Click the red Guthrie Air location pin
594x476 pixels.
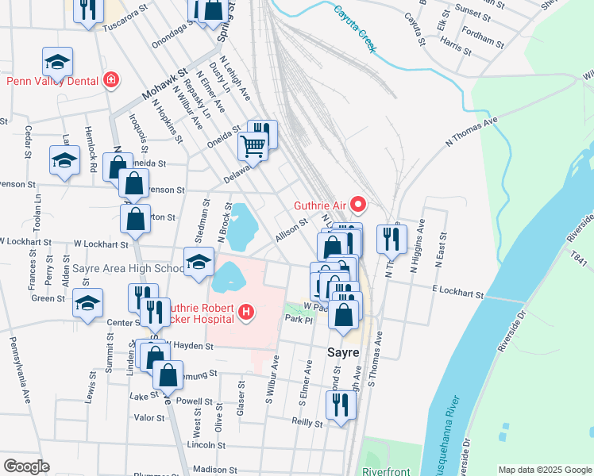pyautogui.click(x=357, y=205)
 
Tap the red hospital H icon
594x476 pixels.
pyautogui.click(x=246, y=313)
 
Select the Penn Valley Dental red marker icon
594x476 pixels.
pyautogui.click(x=110, y=80)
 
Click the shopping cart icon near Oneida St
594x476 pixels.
pyautogui.click(x=253, y=145)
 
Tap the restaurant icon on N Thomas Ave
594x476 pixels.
pyautogui.click(x=391, y=238)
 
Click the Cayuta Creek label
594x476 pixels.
pyautogui.click(x=354, y=25)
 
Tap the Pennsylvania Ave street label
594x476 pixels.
pyautogui.click(x=24, y=368)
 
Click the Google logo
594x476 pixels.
pyautogui.click(x=26, y=466)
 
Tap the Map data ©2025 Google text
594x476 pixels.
pyautogui.click(x=545, y=470)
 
